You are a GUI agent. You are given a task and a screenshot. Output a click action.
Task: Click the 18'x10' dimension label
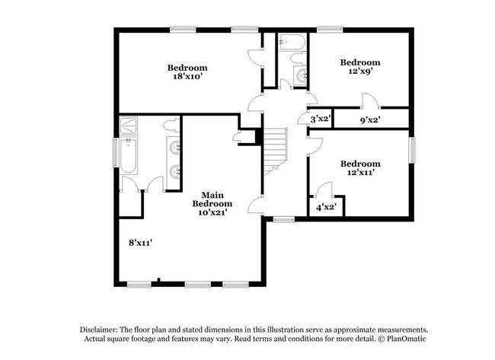coord(187,77)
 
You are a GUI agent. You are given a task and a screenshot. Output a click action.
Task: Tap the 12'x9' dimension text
coord(359,72)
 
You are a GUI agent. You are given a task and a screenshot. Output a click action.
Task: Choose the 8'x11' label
coord(141,243)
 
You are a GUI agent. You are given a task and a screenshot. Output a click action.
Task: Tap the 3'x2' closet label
coord(319,119)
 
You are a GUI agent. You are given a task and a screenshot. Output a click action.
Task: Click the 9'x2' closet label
coord(369,119)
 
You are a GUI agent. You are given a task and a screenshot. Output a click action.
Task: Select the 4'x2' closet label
coord(326,206)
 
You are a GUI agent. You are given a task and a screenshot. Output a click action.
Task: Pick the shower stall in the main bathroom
coord(129,123)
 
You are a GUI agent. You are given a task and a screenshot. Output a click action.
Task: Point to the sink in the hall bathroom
coord(299,75)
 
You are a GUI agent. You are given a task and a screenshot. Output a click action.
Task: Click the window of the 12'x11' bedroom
coord(413,149)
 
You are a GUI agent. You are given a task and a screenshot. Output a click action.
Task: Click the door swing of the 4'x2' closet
coord(323,190)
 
